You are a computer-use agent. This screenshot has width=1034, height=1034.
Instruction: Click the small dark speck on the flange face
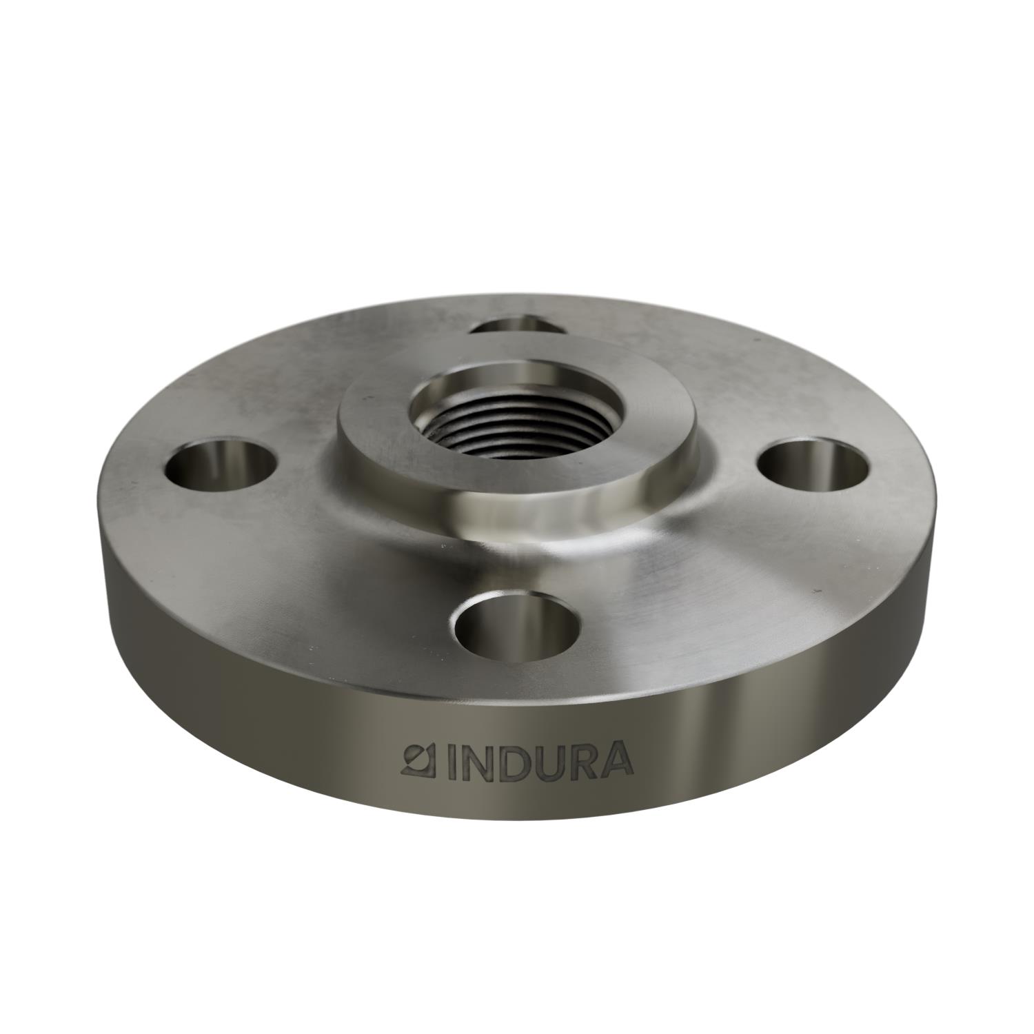[x=818, y=591]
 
